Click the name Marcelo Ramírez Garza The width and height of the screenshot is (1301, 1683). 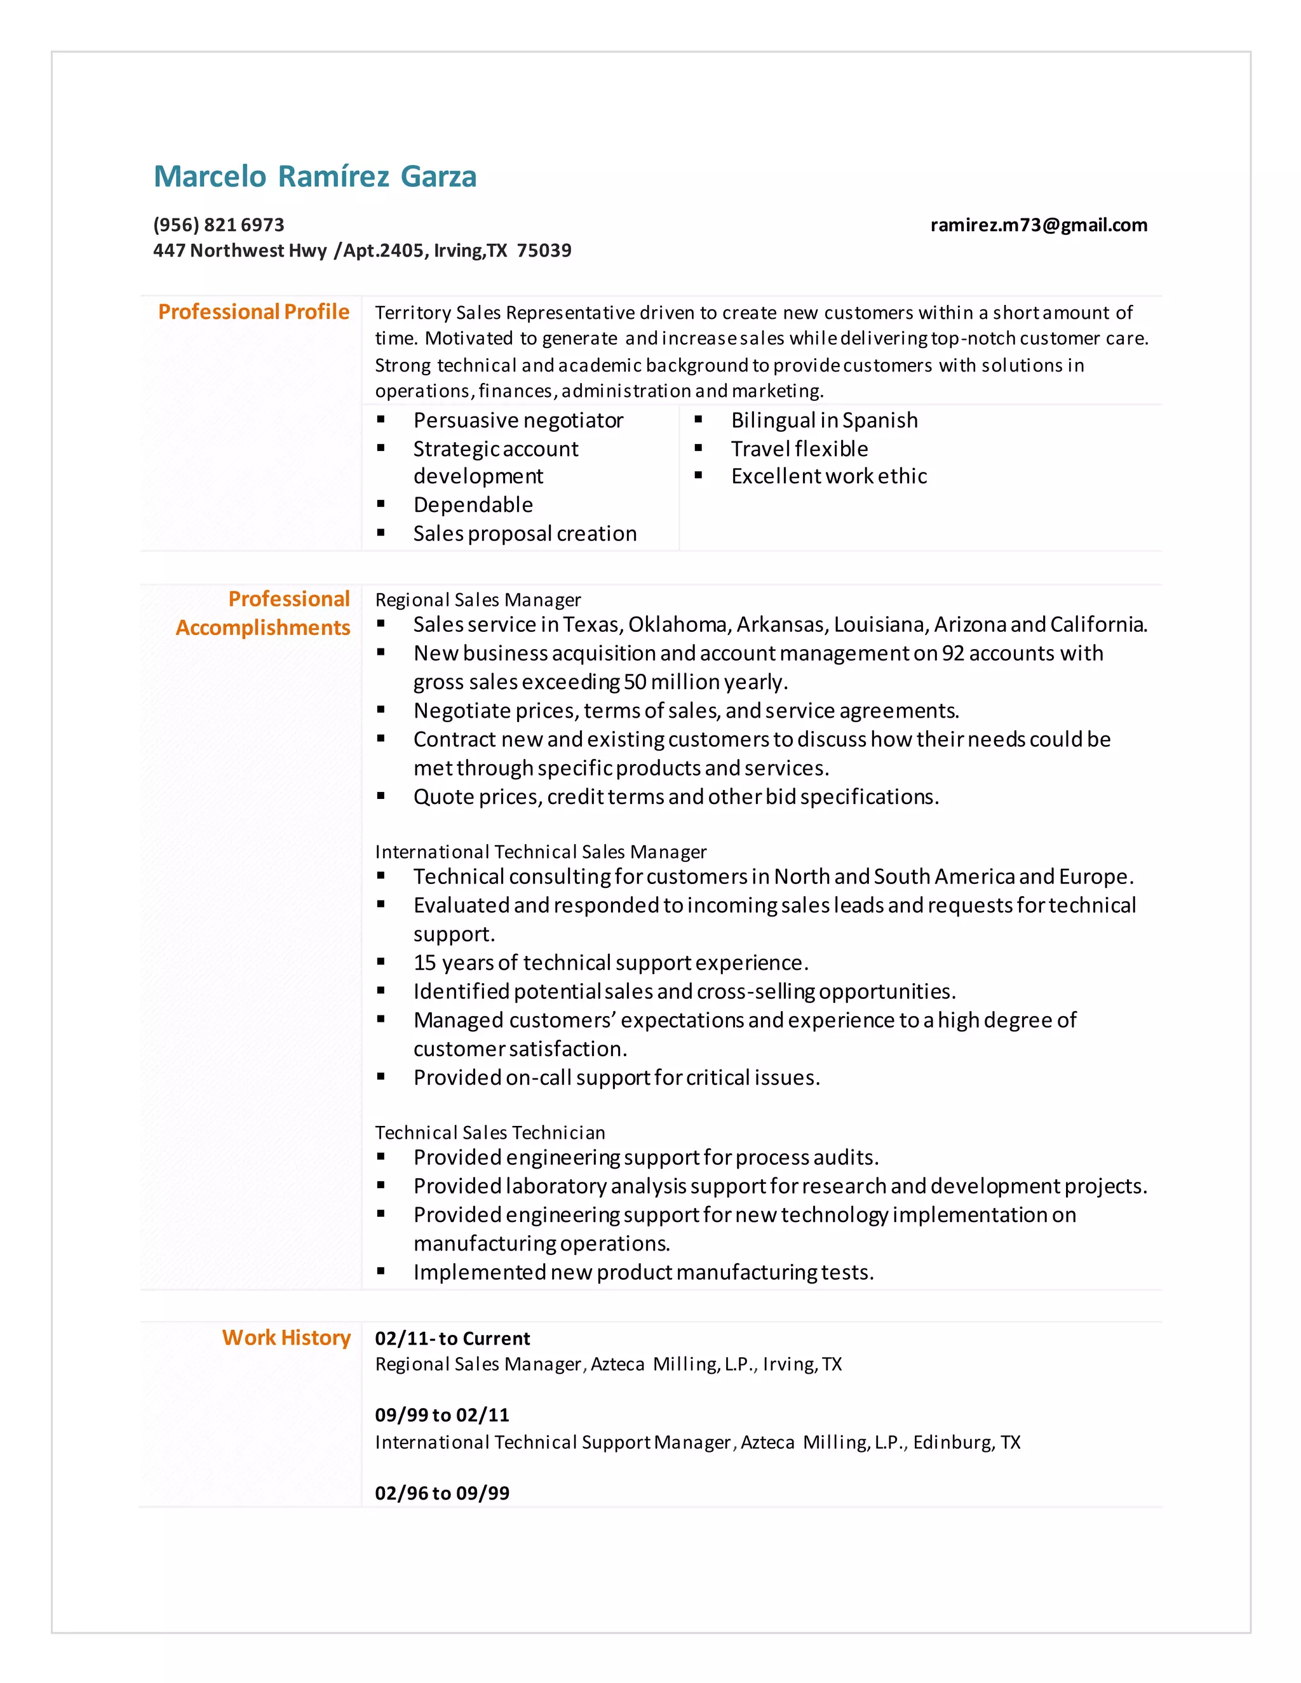314,177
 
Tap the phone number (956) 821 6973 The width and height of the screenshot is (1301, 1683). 219,225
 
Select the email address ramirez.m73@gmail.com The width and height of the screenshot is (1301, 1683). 1038,225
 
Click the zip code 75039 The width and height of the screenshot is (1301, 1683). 544,250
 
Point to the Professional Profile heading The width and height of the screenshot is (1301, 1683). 253,312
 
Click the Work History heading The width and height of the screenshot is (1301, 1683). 286,1338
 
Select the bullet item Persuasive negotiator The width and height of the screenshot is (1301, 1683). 518,420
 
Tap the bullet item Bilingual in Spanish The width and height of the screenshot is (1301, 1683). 824,420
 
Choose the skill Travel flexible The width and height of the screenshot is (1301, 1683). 799,448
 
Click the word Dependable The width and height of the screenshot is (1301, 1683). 473,505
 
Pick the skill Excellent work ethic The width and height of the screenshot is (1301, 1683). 828,476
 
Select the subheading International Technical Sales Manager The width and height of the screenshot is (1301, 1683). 541,852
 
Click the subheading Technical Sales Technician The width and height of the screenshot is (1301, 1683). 490,1133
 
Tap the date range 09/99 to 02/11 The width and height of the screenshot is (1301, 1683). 442,1416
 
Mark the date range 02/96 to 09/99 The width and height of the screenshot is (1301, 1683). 442,1494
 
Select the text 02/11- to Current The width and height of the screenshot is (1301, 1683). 452,1339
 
